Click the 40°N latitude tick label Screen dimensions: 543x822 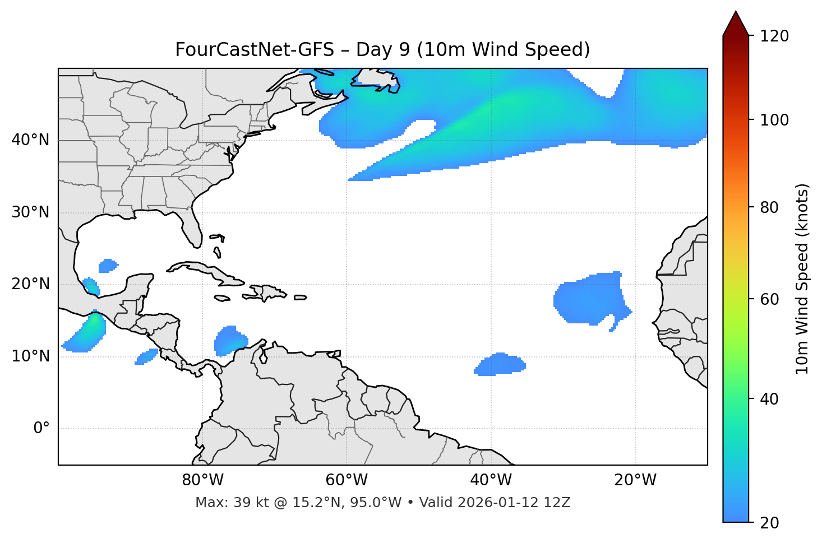(30, 140)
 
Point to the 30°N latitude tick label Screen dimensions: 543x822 (30, 212)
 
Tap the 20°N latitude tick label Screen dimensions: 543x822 (30, 284)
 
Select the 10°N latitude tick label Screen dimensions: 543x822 (30, 356)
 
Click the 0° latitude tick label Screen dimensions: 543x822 (41, 429)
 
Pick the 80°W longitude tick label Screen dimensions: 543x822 (202, 480)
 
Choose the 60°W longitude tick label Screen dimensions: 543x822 (347, 480)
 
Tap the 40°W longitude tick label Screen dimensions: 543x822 (491, 480)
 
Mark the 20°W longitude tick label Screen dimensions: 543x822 (635, 480)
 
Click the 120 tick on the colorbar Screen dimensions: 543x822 (775, 36)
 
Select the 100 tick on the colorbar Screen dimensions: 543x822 (775, 120)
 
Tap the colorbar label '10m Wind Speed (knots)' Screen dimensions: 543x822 (802, 279)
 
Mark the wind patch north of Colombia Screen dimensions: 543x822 (229, 340)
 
